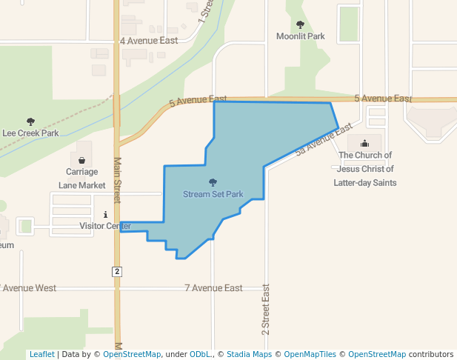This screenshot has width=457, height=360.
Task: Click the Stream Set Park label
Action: [213, 194]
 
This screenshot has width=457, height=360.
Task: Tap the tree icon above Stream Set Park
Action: [213, 182]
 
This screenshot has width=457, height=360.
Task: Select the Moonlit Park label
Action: [300, 36]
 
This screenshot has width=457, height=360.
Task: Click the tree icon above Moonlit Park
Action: [300, 24]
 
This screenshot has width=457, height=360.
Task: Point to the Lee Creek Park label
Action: [30, 133]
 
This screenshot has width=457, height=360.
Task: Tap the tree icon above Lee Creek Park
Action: [30, 121]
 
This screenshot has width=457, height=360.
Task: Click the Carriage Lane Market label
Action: [81, 179]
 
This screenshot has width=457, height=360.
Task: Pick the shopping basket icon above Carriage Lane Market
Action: [81, 160]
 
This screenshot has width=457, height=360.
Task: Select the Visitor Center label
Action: [105, 226]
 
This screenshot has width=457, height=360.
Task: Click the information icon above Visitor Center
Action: [105, 214]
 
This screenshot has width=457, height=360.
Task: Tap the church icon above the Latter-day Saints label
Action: [364, 144]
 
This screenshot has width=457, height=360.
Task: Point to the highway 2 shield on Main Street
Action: [117, 272]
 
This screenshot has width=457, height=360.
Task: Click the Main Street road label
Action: [117, 180]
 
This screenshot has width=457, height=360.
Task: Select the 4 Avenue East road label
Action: [149, 41]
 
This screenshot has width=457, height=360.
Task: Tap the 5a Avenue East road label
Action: [322, 139]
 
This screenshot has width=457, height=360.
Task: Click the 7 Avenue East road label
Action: [213, 288]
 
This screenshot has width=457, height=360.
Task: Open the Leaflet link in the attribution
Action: [41, 354]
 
